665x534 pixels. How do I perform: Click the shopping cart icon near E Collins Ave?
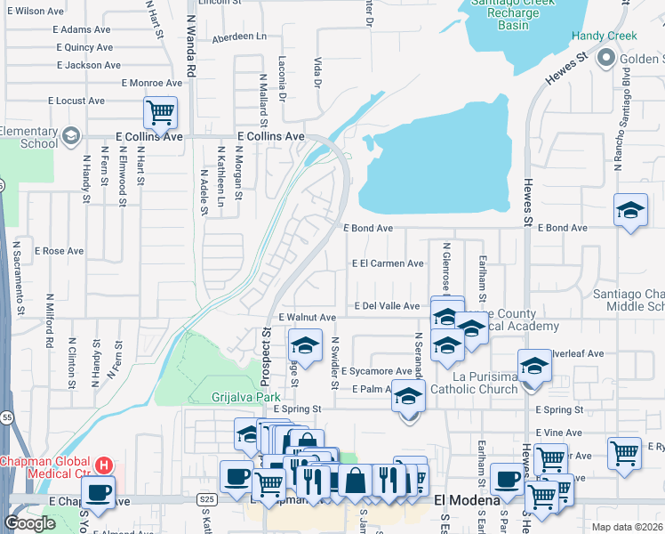(x=160, y=113)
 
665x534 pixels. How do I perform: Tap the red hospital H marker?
(x=104, y=465)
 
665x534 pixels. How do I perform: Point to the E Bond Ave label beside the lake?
(x=368, y=229)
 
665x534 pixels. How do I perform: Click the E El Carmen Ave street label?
(x=388, y=263)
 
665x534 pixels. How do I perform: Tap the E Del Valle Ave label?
(x=387, y=306)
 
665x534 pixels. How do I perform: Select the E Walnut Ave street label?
(x=307, y=318)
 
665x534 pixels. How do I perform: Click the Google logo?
(x=29, y=523)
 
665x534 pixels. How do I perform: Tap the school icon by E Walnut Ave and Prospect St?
(x=305, y=344)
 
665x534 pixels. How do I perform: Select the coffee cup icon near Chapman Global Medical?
(x=99, y=490)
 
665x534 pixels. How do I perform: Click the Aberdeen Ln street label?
(x=238, y=36)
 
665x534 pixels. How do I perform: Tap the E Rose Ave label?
(x=59, y=252)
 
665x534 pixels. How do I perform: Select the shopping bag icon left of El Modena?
(x=355, y=480)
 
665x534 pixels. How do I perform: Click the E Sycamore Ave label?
(x=376, y=370)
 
